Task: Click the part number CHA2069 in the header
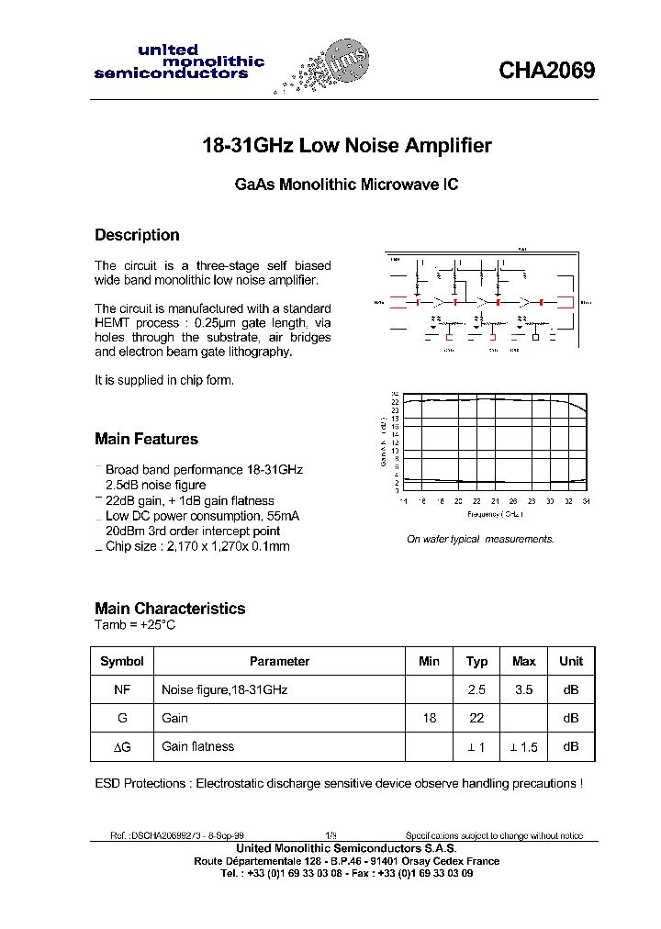click(x=546, y=71)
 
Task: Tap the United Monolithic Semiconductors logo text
click(x=179, y=62)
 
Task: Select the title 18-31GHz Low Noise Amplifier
click(x=346, y=146)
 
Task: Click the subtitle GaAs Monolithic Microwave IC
click(x=346, y=185)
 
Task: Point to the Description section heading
click(x=137, y=235)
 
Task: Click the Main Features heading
click(x=146, y=439)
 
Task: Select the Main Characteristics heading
click(x=170, y=609)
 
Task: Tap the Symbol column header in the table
click(x=122, y=661)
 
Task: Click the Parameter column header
click(x=279, y=661)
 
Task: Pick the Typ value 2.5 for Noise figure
click(x=476, y=689)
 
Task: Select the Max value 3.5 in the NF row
click(x=523, y=689)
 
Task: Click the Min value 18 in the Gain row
click(x=429, y=718)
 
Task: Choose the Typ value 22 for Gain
click(x=476, y=718)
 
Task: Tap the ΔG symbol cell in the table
click(x=122, y=747)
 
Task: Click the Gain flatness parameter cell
click(x=197, y=746)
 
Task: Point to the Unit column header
click(x=571, y=661)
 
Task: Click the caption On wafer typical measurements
click(x=480, y=539)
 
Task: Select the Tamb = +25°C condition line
click(x=135, y=625)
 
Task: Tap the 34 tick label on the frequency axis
click(x=585, y=501)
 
